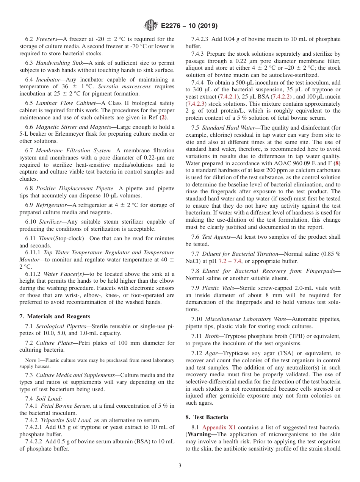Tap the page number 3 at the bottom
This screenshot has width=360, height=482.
(180, 466)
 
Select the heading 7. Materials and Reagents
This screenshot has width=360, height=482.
(55, 316)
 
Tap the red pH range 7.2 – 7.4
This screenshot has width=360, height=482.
(229, 261)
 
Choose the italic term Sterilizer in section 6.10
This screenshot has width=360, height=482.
(50, 222)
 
